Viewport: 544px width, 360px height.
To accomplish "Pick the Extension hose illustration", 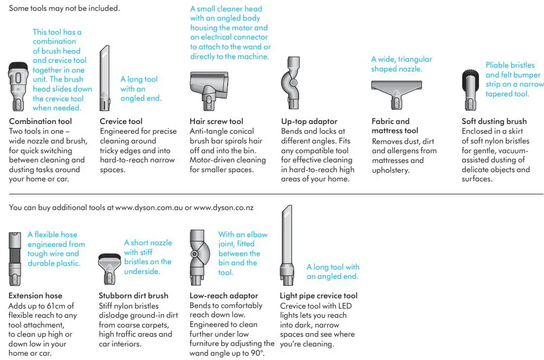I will point(16,258).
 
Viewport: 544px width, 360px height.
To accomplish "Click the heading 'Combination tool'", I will point(40,121).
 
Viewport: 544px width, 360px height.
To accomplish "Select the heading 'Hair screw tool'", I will point(216,121).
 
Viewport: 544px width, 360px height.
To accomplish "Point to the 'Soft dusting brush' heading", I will point(494,121).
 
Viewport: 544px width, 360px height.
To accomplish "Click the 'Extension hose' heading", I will point(36,296).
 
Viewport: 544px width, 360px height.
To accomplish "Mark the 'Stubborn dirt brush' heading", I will point(133,296).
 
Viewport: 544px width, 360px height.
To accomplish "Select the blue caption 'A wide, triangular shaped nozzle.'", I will point(401,64).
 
